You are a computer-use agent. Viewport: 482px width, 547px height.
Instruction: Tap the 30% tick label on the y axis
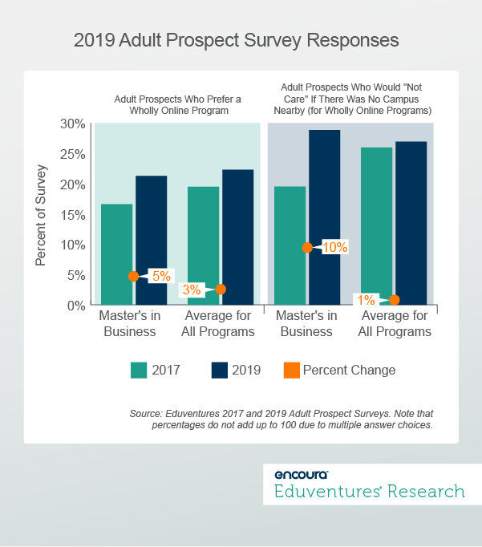point(72,124)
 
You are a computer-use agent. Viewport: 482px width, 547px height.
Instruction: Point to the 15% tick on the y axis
point(72,214)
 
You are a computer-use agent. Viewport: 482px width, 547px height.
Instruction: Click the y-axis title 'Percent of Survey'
point(42,215)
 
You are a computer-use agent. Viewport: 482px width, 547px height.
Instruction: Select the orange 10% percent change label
point(334,247)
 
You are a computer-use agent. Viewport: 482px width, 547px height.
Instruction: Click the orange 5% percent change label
point(161,276)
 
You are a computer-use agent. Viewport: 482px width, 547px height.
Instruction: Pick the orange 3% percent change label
point(192,290)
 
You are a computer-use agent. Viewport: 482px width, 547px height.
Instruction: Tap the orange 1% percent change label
point(367,300)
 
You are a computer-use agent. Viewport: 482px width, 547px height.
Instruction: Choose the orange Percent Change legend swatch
point(293,370)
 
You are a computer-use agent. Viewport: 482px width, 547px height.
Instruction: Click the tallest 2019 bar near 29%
point(325,217)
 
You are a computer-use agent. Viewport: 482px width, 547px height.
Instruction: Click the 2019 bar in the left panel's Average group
point(238,237)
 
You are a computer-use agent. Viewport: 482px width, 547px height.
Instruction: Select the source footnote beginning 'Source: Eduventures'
point(281,419)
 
